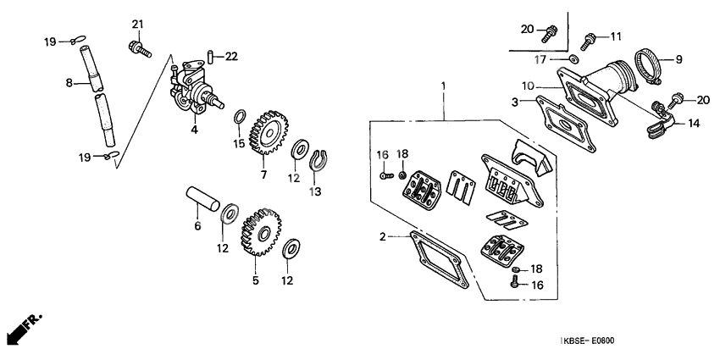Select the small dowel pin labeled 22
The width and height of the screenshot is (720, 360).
point(208,57)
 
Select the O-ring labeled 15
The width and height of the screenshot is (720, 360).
point(239,116)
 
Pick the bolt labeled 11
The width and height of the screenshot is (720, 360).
point(588,38)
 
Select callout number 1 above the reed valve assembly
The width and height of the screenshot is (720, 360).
point(442,86)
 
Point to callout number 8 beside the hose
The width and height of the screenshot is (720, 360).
point(70,83)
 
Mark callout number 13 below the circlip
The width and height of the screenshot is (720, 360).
point(315,191)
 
